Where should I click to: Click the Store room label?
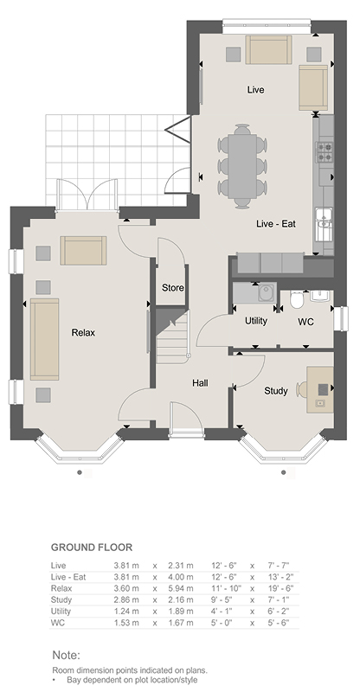tap(173, 288)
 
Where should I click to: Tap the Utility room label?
tap(256, 321)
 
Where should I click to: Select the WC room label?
tap(305, 322)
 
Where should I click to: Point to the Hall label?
tap(200, 383)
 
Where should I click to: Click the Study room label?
tap(276, 391)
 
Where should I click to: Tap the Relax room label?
tap(83, 333)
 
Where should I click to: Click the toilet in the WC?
tap(297, 300)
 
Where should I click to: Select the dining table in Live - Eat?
tap(242, 165)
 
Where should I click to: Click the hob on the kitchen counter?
tap(324, 152)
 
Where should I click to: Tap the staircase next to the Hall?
tap(173, 336)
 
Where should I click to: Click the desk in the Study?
tap(320, 390)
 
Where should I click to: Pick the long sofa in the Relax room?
tap(45, 339)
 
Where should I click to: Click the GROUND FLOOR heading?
tap(92, 548)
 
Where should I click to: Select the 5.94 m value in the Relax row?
tap(181, 588)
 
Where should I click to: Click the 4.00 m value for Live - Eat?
tap(181, 577)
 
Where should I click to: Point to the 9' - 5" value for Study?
tap(224, 599)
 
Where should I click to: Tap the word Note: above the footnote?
tap(67, 655)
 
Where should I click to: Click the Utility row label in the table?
tap(61, 612)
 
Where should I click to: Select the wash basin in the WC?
tap(320, 296)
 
